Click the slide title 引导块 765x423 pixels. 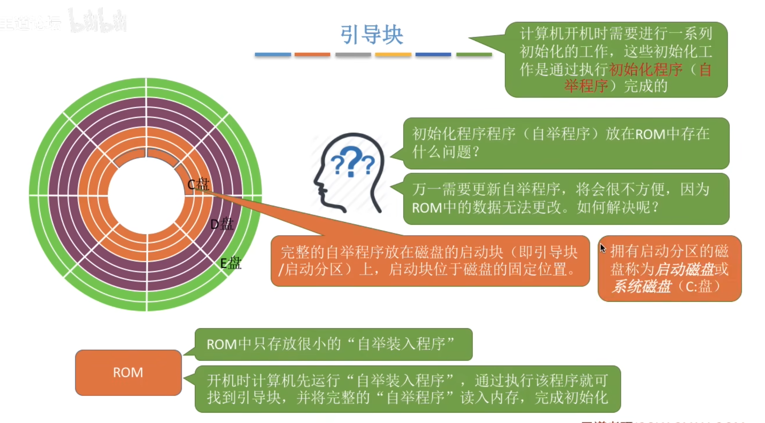point(372,35)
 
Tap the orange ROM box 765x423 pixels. point(128,372)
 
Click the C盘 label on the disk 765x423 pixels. point(198,184)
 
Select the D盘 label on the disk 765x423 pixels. point(221,224)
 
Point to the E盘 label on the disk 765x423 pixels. point(230,263)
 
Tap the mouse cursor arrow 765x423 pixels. point(602,248)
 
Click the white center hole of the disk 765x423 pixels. point(146,196)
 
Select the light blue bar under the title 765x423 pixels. point(273,55)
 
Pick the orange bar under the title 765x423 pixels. point(312,55)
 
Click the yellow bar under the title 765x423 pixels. point(393,55)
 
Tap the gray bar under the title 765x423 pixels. point(353,55)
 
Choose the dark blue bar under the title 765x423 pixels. point(433,55)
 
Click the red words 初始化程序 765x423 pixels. point(645,69)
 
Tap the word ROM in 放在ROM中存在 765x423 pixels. point(650,134)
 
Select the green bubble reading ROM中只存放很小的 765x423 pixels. point(333,344)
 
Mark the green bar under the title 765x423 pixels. point(474,55)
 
